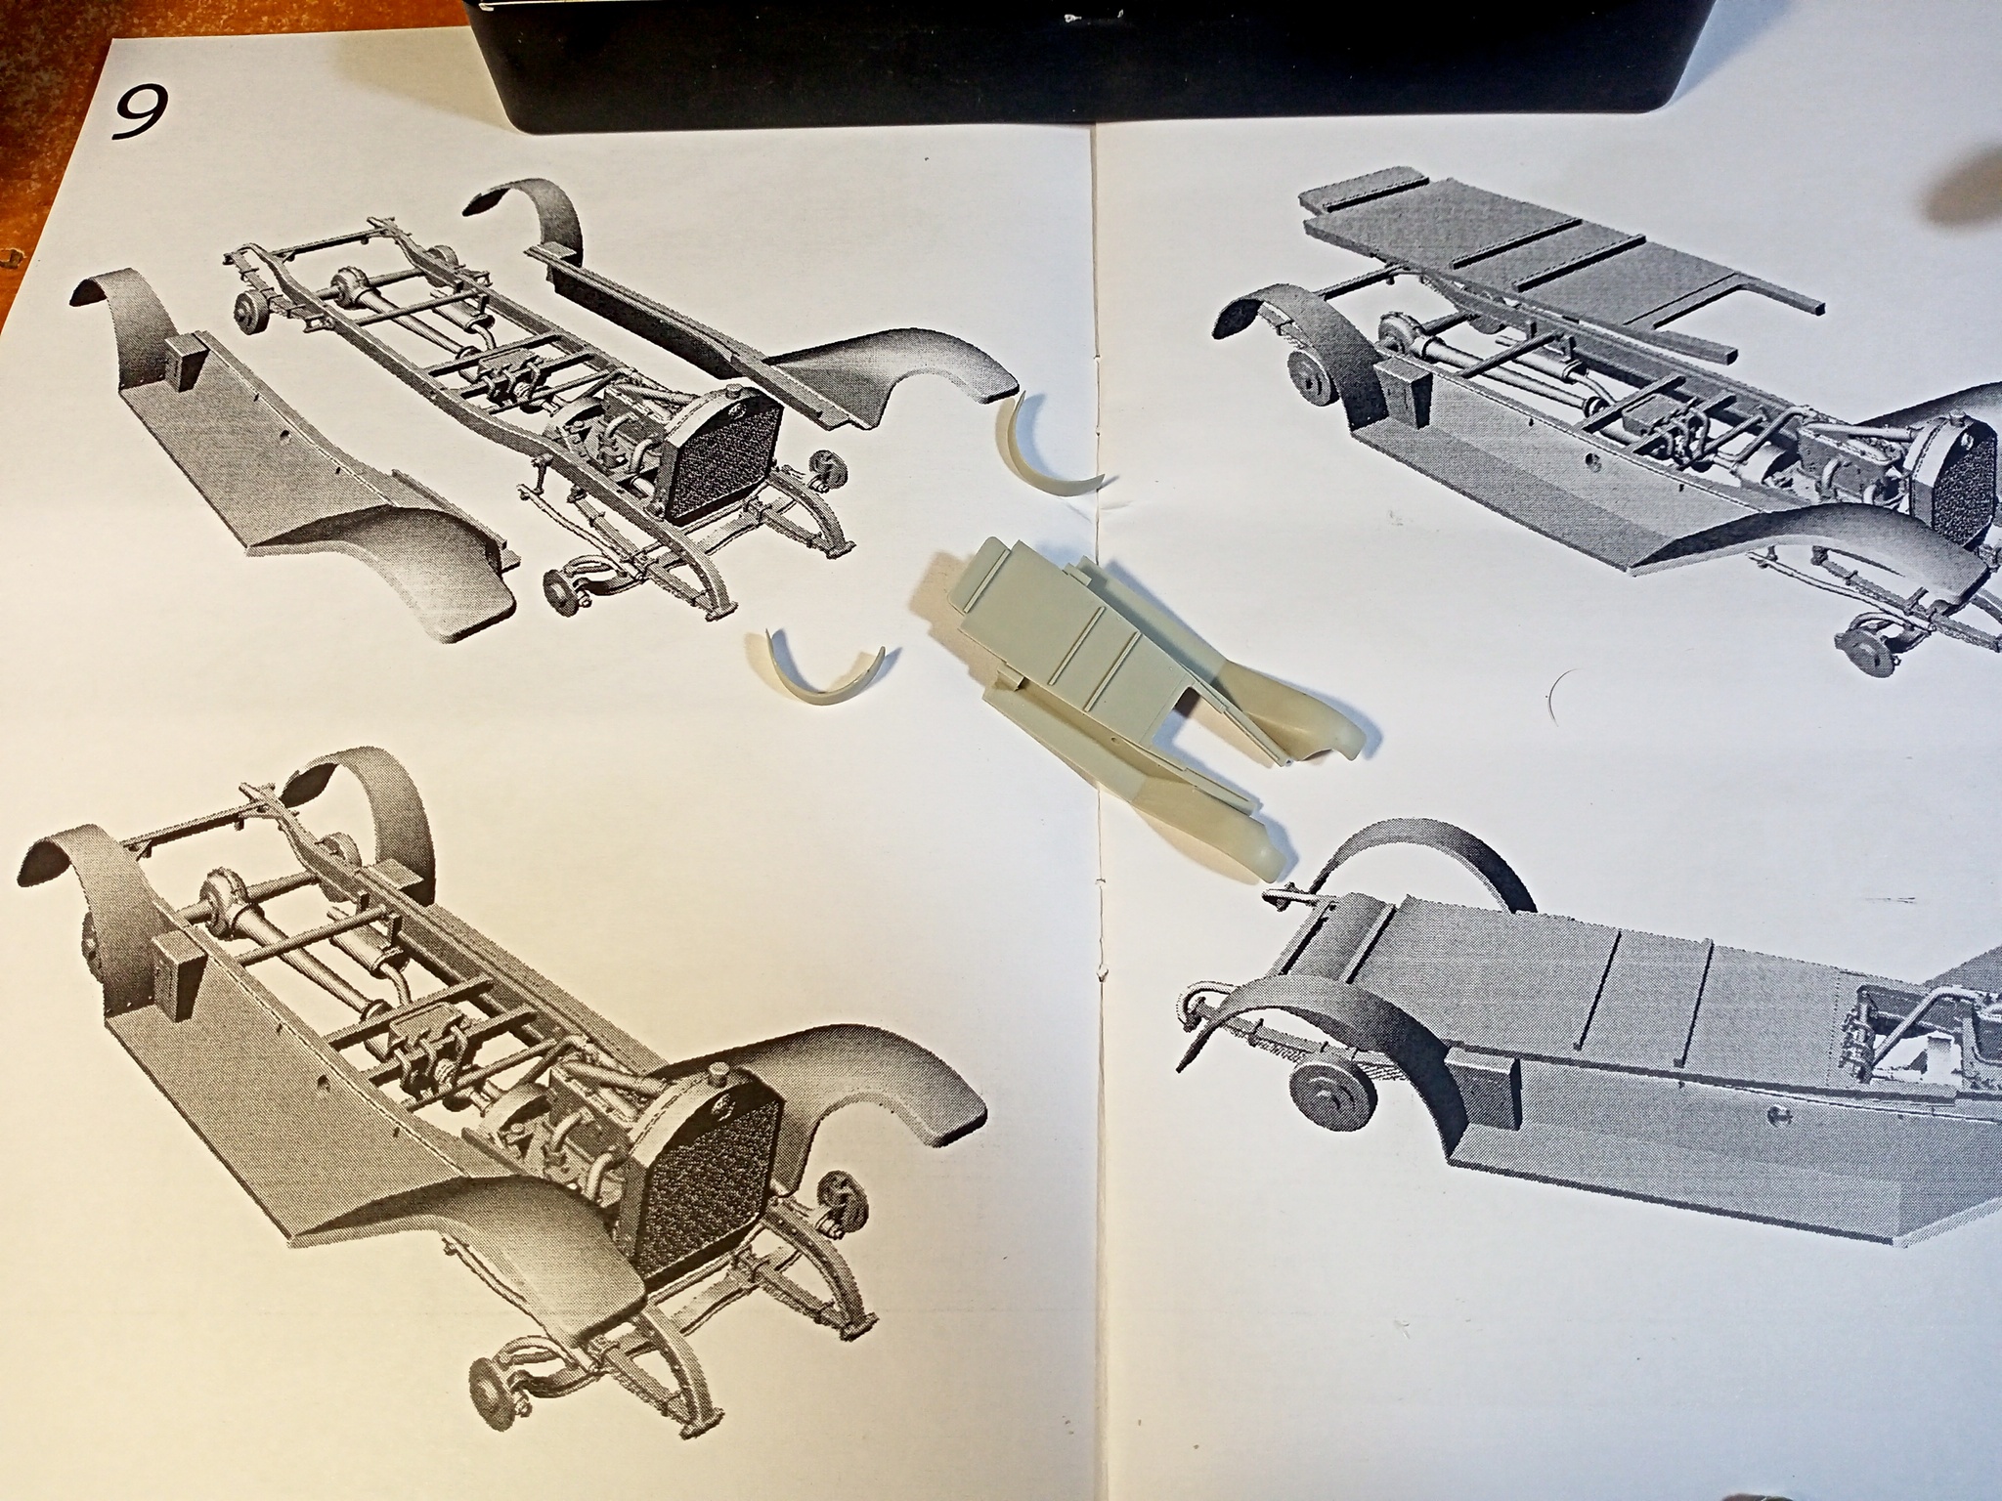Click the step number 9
tap(139, 115)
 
